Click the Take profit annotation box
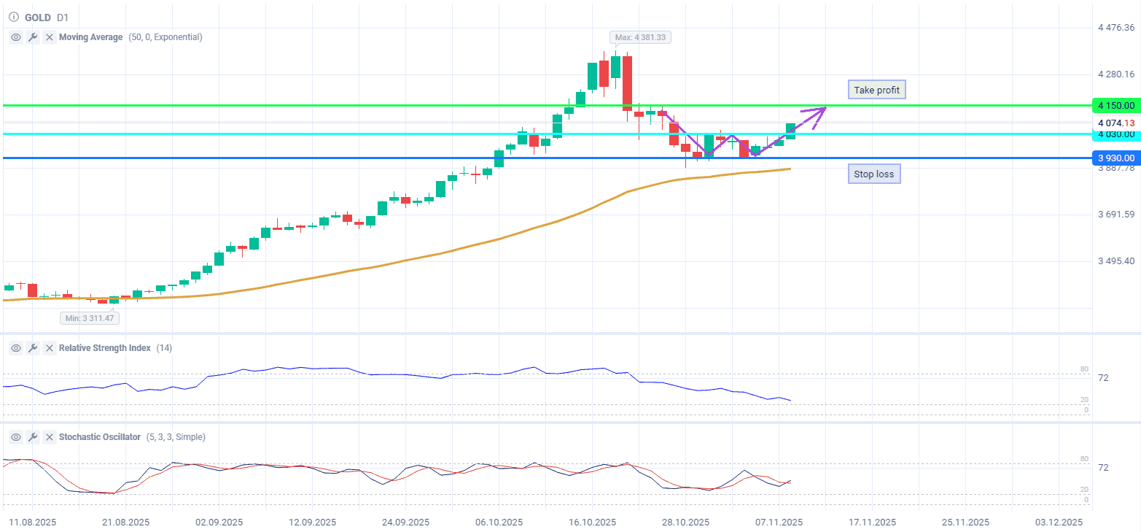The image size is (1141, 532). [876, 90]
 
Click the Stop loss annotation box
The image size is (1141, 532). [873, 174]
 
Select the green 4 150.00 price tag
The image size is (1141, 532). [1115, 106]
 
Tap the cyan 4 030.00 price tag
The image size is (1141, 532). [1115, 134]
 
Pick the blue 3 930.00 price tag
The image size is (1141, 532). [1115, 158]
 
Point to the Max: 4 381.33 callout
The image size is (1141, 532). [640, 37]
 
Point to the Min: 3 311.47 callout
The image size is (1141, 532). [90, 318]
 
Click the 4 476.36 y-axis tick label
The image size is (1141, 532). [1116, 28]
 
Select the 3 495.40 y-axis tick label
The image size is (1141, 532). [1116, 261]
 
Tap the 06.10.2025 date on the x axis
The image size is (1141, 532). [499, 523]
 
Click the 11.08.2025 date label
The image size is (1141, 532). [31, 523]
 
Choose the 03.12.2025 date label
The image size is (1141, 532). [1059, 523]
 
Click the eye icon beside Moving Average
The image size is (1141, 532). [15, 37]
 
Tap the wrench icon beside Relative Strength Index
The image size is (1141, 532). [33, 348]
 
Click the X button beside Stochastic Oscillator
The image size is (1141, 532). [50, 437]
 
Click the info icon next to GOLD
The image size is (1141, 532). [13, 17]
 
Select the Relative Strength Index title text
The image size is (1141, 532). [104, 348]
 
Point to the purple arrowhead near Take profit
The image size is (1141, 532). [822, 109]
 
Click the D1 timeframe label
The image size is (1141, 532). [63, 17]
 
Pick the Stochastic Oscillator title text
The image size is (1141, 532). [100, 437]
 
